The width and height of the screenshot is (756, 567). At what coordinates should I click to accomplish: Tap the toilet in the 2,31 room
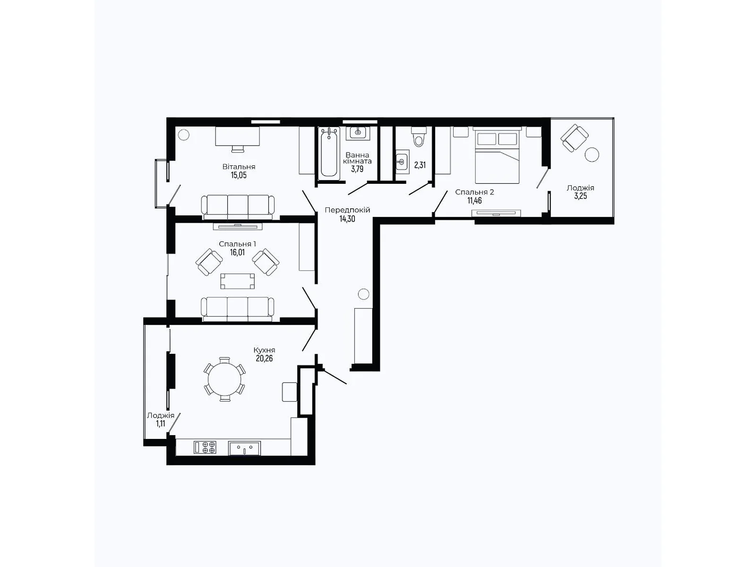point(419,137)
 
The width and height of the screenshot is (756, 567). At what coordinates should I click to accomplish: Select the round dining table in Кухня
point(224,379)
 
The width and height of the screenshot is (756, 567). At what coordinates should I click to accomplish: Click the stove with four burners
point(205,447)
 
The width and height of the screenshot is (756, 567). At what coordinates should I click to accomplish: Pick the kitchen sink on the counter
point(244,447)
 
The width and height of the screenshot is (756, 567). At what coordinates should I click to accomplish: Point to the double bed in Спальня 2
point(497,155)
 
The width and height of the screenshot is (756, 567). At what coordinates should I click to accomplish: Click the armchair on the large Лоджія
point(575,137)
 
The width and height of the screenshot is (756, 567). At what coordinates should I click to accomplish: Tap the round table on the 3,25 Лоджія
point(592,154)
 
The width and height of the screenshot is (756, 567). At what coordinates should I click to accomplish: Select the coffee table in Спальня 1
point(237,281)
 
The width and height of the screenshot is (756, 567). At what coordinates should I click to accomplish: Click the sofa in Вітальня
point(238,206)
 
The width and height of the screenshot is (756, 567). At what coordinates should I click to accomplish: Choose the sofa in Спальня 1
point(238,309)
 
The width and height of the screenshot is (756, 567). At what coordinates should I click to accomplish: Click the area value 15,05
point(239,175)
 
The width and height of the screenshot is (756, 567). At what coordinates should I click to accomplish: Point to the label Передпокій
point(347,210)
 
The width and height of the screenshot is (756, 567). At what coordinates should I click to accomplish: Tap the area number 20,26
point(264,358)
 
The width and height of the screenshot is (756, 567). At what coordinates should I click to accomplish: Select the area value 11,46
point(474,200)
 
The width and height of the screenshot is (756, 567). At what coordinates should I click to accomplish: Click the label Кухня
point(264,350)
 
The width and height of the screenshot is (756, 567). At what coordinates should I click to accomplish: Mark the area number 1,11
point(161,423)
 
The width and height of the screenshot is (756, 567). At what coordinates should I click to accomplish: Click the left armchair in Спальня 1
point(209,262)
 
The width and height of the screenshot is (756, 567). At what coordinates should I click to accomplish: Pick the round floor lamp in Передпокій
point(363,294)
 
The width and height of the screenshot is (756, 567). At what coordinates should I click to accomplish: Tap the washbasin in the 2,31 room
point(402,162)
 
